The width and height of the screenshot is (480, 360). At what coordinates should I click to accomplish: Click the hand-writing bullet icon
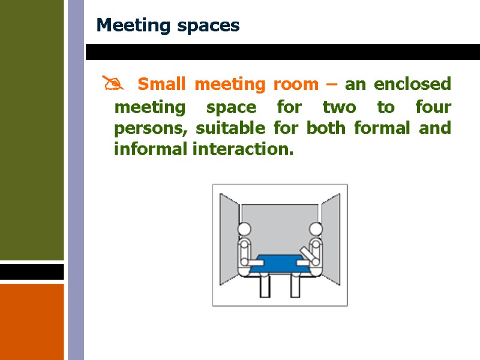(112, 84)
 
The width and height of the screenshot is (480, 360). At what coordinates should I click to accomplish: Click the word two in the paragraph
(339, 108)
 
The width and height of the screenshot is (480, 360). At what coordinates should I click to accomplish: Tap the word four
(433, 108)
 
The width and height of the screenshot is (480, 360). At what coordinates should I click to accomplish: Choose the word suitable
(228, 128)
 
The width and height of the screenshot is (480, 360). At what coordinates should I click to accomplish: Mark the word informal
(151, 149)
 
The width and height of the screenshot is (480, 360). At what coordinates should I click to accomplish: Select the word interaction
(244, 149)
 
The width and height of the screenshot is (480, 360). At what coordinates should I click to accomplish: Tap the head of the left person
(244, 229)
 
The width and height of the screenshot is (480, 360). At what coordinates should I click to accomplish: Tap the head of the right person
(315, 229)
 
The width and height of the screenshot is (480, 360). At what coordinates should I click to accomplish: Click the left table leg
(265, 285)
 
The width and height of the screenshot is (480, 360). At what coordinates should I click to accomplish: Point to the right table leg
(295, 285)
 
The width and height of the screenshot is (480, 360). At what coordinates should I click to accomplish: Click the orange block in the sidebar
(31, 321)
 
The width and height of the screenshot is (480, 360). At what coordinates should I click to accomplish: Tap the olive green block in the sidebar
(31, 129)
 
